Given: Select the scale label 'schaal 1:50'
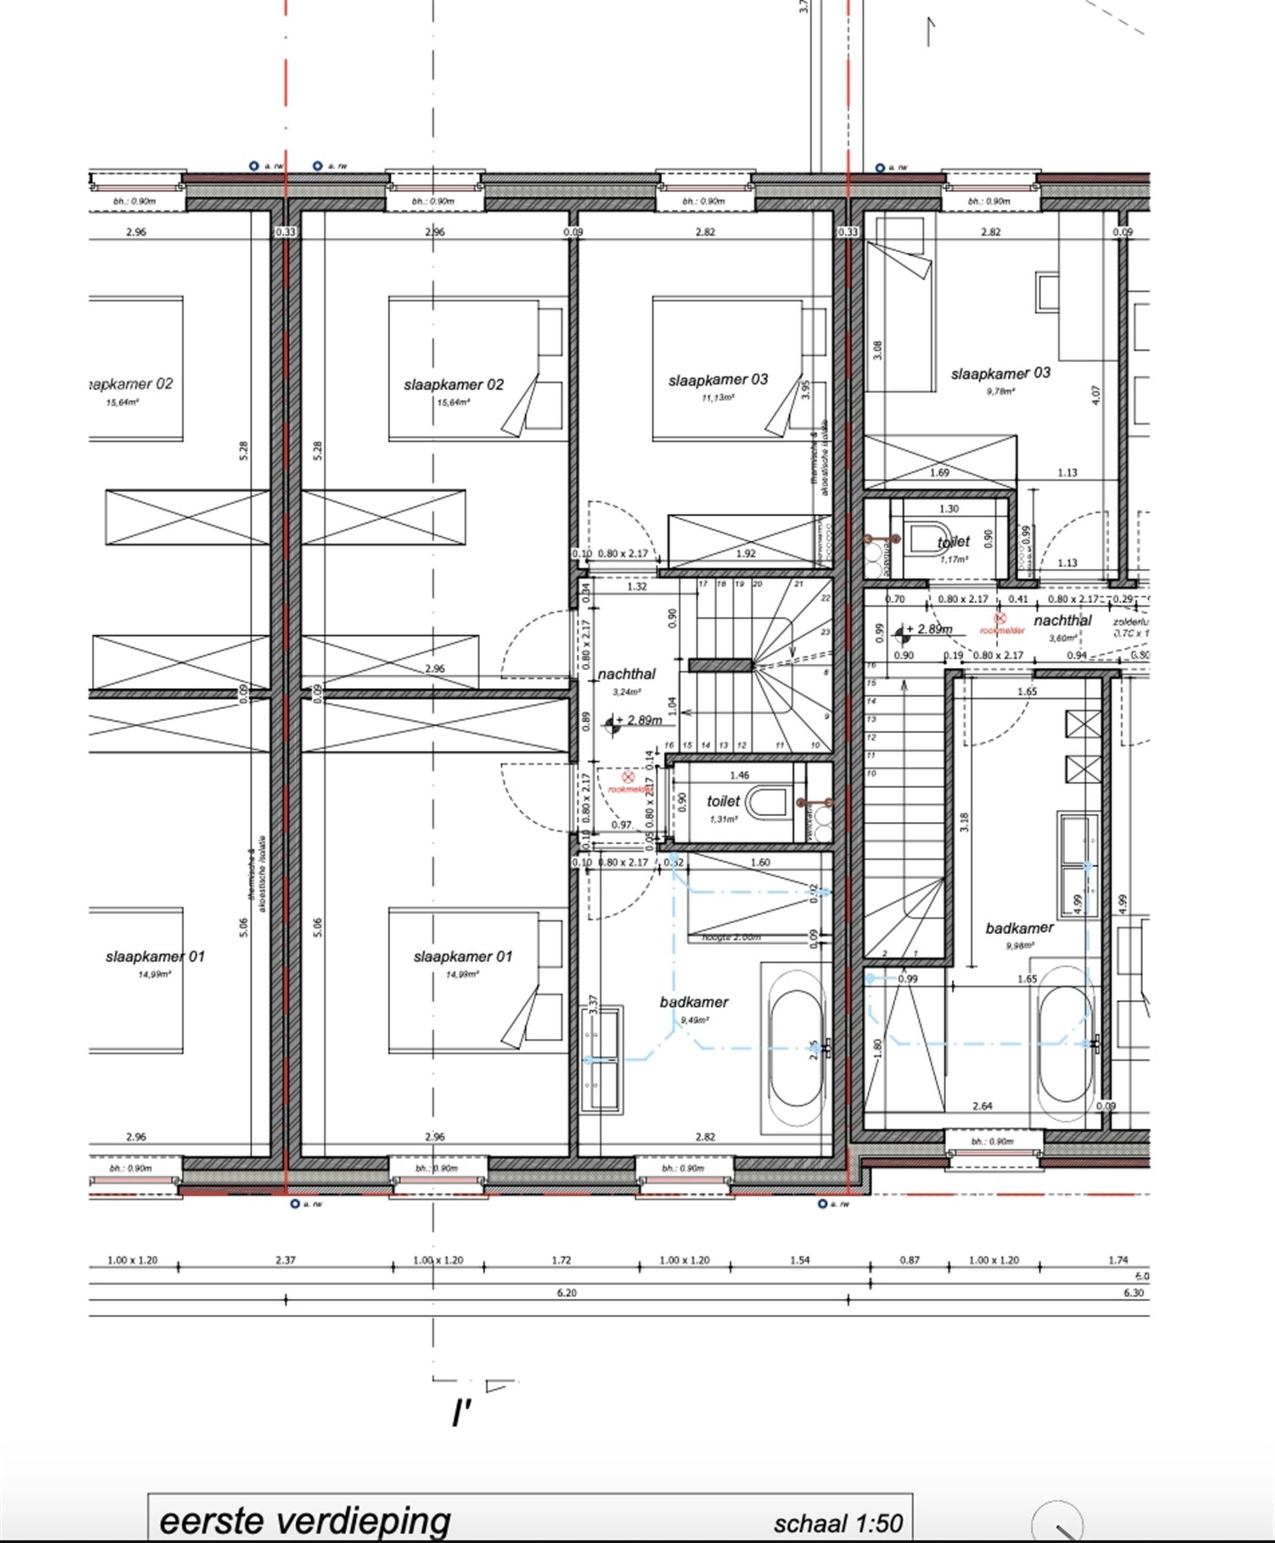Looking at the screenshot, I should coord(838,1523).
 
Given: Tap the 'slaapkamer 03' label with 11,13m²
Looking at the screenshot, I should coord(718,379).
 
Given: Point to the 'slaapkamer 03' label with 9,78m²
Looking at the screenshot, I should coord(1000,373).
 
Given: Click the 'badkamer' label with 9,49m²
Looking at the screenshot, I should coord(694,1002).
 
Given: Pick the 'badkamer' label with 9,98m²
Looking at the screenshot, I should coord(1019,928).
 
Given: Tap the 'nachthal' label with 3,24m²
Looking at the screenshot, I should coord(627,673).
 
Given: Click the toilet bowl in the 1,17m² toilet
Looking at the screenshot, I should coord(927,539).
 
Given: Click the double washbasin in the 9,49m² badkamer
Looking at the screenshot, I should coord(602,1059).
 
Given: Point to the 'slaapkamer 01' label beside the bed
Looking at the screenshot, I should coord(462,956).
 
